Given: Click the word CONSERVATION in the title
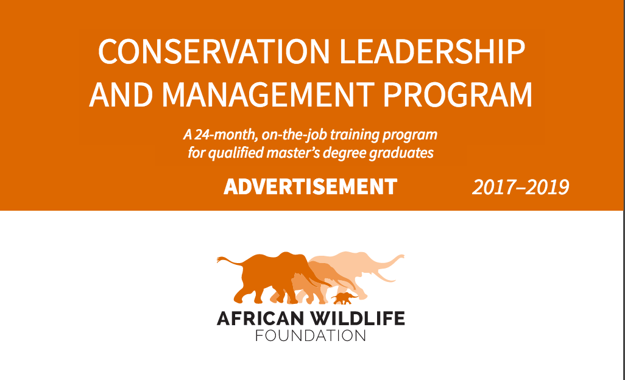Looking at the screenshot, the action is click(214, 52).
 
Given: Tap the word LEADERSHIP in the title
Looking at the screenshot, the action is click(432, 52).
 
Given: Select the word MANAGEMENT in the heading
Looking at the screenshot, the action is click(268, 94).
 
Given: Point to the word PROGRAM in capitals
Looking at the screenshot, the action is click(457, 94).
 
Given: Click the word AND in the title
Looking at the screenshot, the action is click(121, 94).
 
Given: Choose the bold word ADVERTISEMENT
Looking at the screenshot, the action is click(311, 186).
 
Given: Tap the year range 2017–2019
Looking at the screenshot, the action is click(521, 187).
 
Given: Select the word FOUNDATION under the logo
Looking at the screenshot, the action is click(311, 336).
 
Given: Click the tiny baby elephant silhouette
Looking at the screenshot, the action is click(344, 298).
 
